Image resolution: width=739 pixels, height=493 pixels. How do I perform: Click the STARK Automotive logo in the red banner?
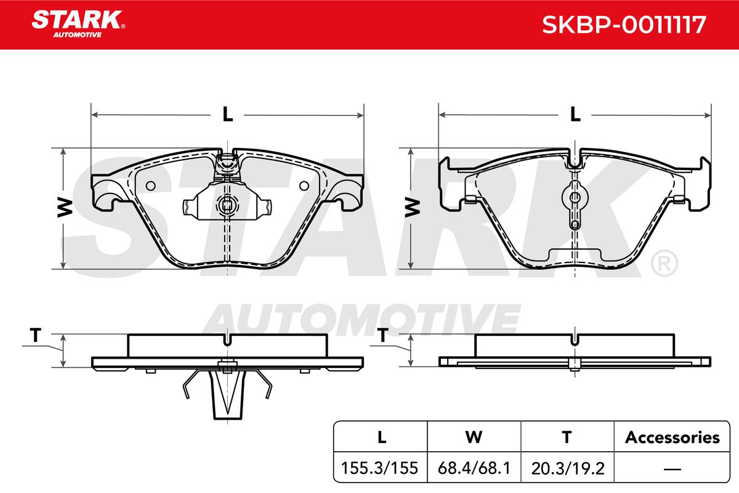(x=78, y=24)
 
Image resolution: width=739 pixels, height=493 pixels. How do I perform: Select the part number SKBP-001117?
(x=623, y=25)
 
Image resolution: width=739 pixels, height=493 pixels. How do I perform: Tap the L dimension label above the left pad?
(x=227, y=114)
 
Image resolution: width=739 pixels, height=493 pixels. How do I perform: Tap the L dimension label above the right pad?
(x=575, y=114)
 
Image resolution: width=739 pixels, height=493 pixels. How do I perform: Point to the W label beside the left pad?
(x=65, y=208)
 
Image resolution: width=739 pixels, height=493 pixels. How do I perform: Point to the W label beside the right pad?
(x=413, y=208)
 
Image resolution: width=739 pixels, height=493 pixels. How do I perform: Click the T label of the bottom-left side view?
(x=35, y=335)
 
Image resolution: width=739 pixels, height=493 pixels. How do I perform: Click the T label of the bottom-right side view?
(x=382, y=335)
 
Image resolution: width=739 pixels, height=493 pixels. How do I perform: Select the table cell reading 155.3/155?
(x=379, y=468)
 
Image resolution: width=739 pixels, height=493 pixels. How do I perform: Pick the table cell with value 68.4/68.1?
(x=474, y=468)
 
